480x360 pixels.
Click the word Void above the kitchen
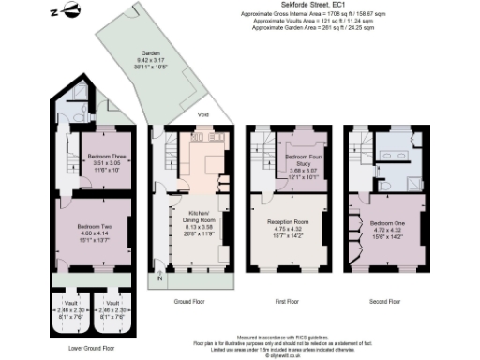tap(202, 114)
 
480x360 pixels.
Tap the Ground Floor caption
tap(191, 302)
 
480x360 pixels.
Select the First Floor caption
tap(287, 302)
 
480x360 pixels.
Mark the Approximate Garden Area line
tap(336, 29)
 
